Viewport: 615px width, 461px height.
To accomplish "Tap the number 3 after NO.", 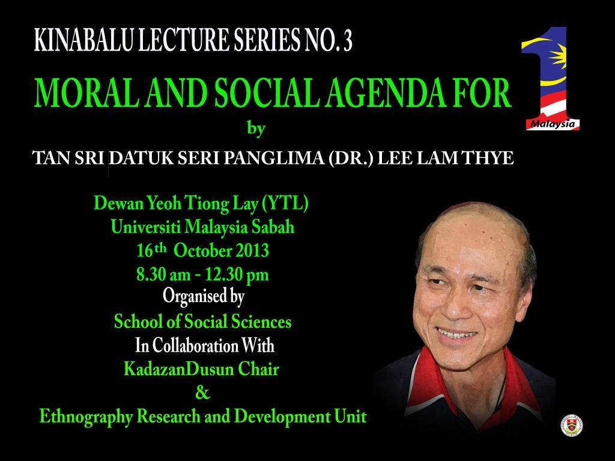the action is tap(348, 41).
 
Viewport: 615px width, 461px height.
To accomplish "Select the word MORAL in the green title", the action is tap(86, 93).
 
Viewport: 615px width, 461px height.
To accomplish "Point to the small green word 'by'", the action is tap(256, 128).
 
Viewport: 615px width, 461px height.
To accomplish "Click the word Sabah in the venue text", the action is tap(273, 227).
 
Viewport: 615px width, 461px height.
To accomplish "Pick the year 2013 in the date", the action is tap(252, 251).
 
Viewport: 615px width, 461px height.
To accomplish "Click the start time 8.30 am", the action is tap(163, 275).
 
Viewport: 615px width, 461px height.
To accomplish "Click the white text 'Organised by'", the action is tap(204, 297).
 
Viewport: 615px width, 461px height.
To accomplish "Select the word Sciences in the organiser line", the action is tap(261, 322).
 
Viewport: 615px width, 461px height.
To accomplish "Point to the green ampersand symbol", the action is tap(203, 392).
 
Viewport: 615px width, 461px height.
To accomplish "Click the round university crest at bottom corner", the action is tap(572, 426).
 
